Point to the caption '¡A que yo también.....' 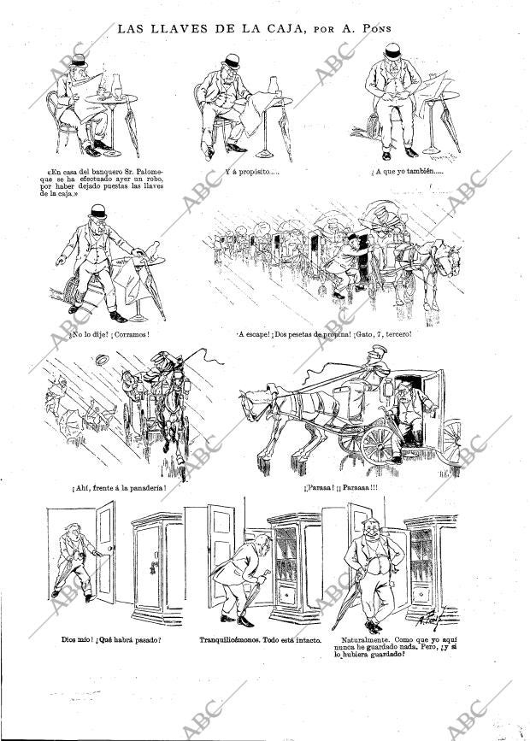pos(414,172)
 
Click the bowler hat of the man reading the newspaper pos(79,62)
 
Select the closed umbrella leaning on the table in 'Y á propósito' pos(284,132)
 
